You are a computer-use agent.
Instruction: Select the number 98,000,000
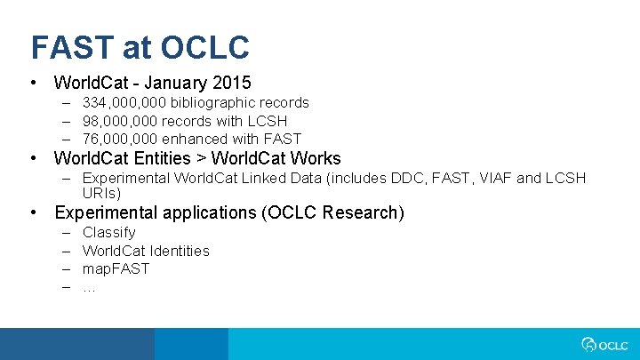point(119,121)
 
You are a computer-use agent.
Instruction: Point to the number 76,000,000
point(119,139)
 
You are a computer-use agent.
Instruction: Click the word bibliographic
point(208,103)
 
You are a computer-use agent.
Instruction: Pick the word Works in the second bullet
point(316,159)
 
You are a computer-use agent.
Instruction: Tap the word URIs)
point(101,193)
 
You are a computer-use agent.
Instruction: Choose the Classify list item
point(108,233)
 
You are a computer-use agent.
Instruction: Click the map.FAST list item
point(116,268)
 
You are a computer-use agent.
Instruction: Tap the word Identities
point(179,251)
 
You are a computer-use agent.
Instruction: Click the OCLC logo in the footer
point(604,344)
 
